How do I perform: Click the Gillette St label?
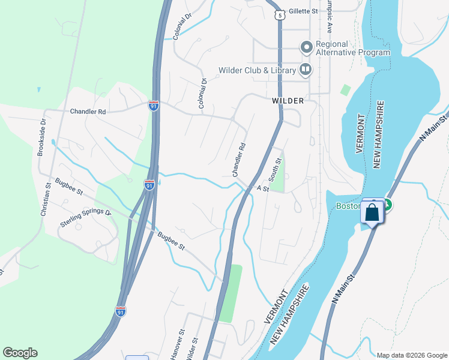[x=303, y=11]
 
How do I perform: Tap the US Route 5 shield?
[x=278, y=14]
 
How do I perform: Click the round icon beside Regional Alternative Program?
[x=306, y=46]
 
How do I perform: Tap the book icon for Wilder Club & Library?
[x=306, y=70]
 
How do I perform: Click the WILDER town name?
[x=288, y=101]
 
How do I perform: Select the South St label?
[x=276, y=170]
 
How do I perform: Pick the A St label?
[x=262, y=188]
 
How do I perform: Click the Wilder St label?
[x=193, y=347]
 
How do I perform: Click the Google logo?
[x=20, y=353]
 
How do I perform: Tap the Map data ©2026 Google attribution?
[x=411, y=355]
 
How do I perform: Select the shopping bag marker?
[x=373, y=213]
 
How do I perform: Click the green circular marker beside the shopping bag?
[x=387, y=205]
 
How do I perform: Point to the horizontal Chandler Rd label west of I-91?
[x=88, y=112]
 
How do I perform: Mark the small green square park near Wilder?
[x=345, y=90]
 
